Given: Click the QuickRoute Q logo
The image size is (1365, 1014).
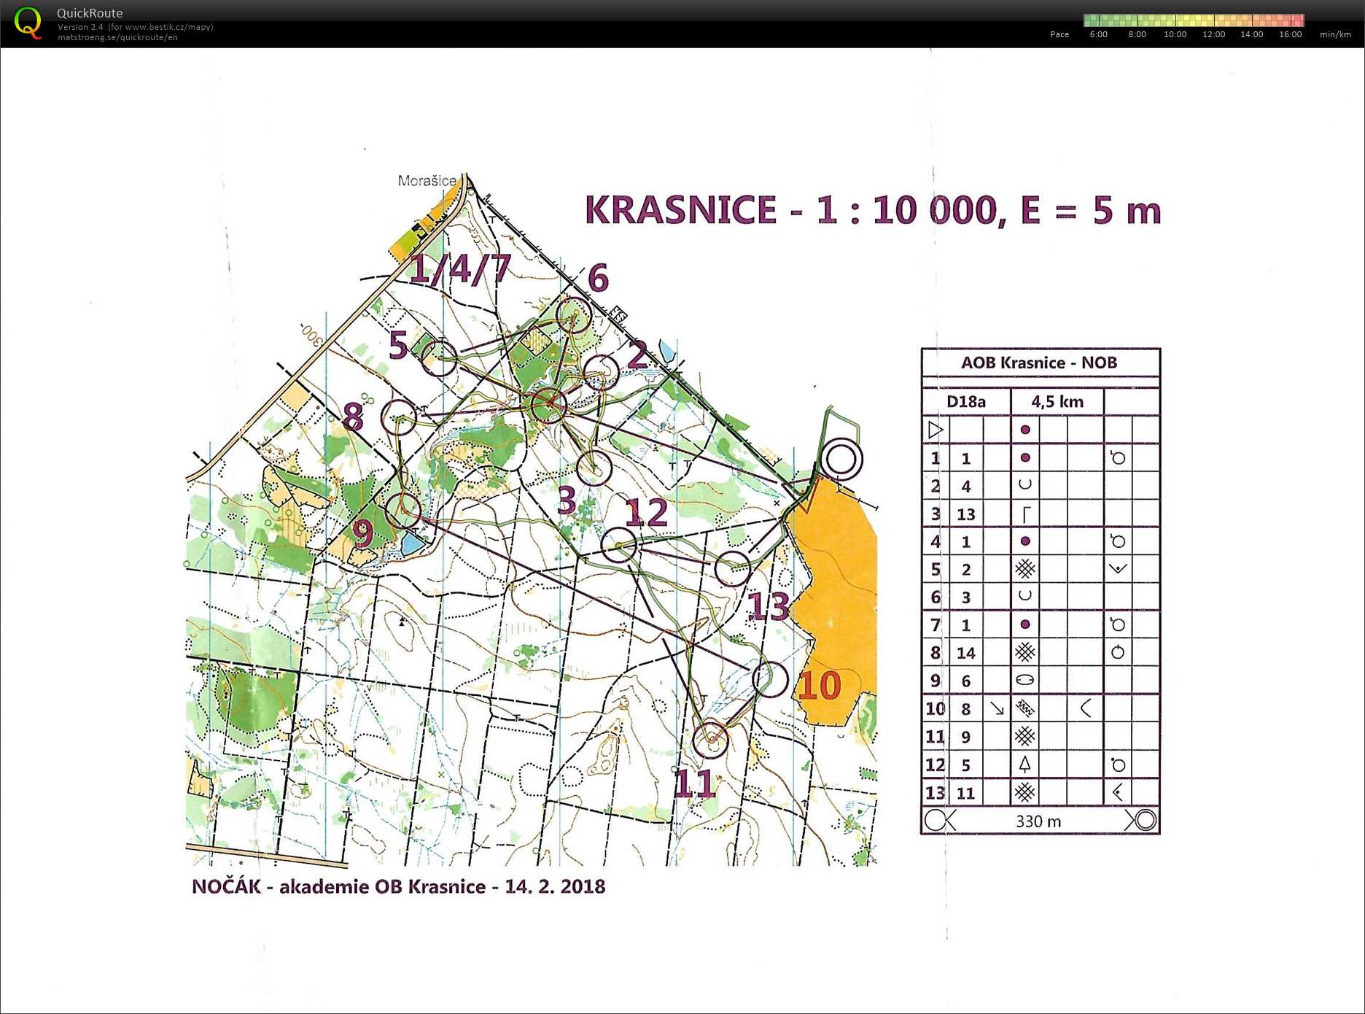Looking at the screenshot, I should click(28, 22).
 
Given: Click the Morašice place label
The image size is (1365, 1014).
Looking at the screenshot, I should click(427, 180).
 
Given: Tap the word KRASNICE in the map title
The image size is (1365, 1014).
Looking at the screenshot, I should click(680, 210).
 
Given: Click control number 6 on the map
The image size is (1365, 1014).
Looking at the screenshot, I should click(598, 278).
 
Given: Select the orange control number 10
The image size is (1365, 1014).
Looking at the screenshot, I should click(820, 685).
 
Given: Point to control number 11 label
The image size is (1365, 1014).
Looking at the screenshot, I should click(693, 784).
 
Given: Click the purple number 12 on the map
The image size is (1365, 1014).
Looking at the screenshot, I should click(646, 513).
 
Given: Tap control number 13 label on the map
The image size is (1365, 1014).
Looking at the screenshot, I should click(769, 606).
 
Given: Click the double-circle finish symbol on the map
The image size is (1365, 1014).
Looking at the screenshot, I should click(841, 460).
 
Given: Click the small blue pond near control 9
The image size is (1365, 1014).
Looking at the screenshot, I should click(411, 543).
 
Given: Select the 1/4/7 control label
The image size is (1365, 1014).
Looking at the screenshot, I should click(460, 268).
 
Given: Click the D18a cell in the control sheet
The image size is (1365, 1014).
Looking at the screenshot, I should click(965, 402).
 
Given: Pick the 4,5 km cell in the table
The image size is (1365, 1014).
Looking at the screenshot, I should click(1057, 402).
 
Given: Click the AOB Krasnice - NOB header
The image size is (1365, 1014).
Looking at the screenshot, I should click(1038, 363).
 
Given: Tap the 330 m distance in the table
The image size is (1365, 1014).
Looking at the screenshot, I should click(1038, 821).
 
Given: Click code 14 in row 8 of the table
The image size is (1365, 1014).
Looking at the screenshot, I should click(965, 653).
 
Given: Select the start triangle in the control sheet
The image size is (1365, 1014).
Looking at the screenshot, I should click(936, 430).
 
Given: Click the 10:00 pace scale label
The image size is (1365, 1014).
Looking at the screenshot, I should click(1175, 34).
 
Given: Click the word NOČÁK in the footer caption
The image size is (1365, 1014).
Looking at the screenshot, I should click(226, 886).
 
